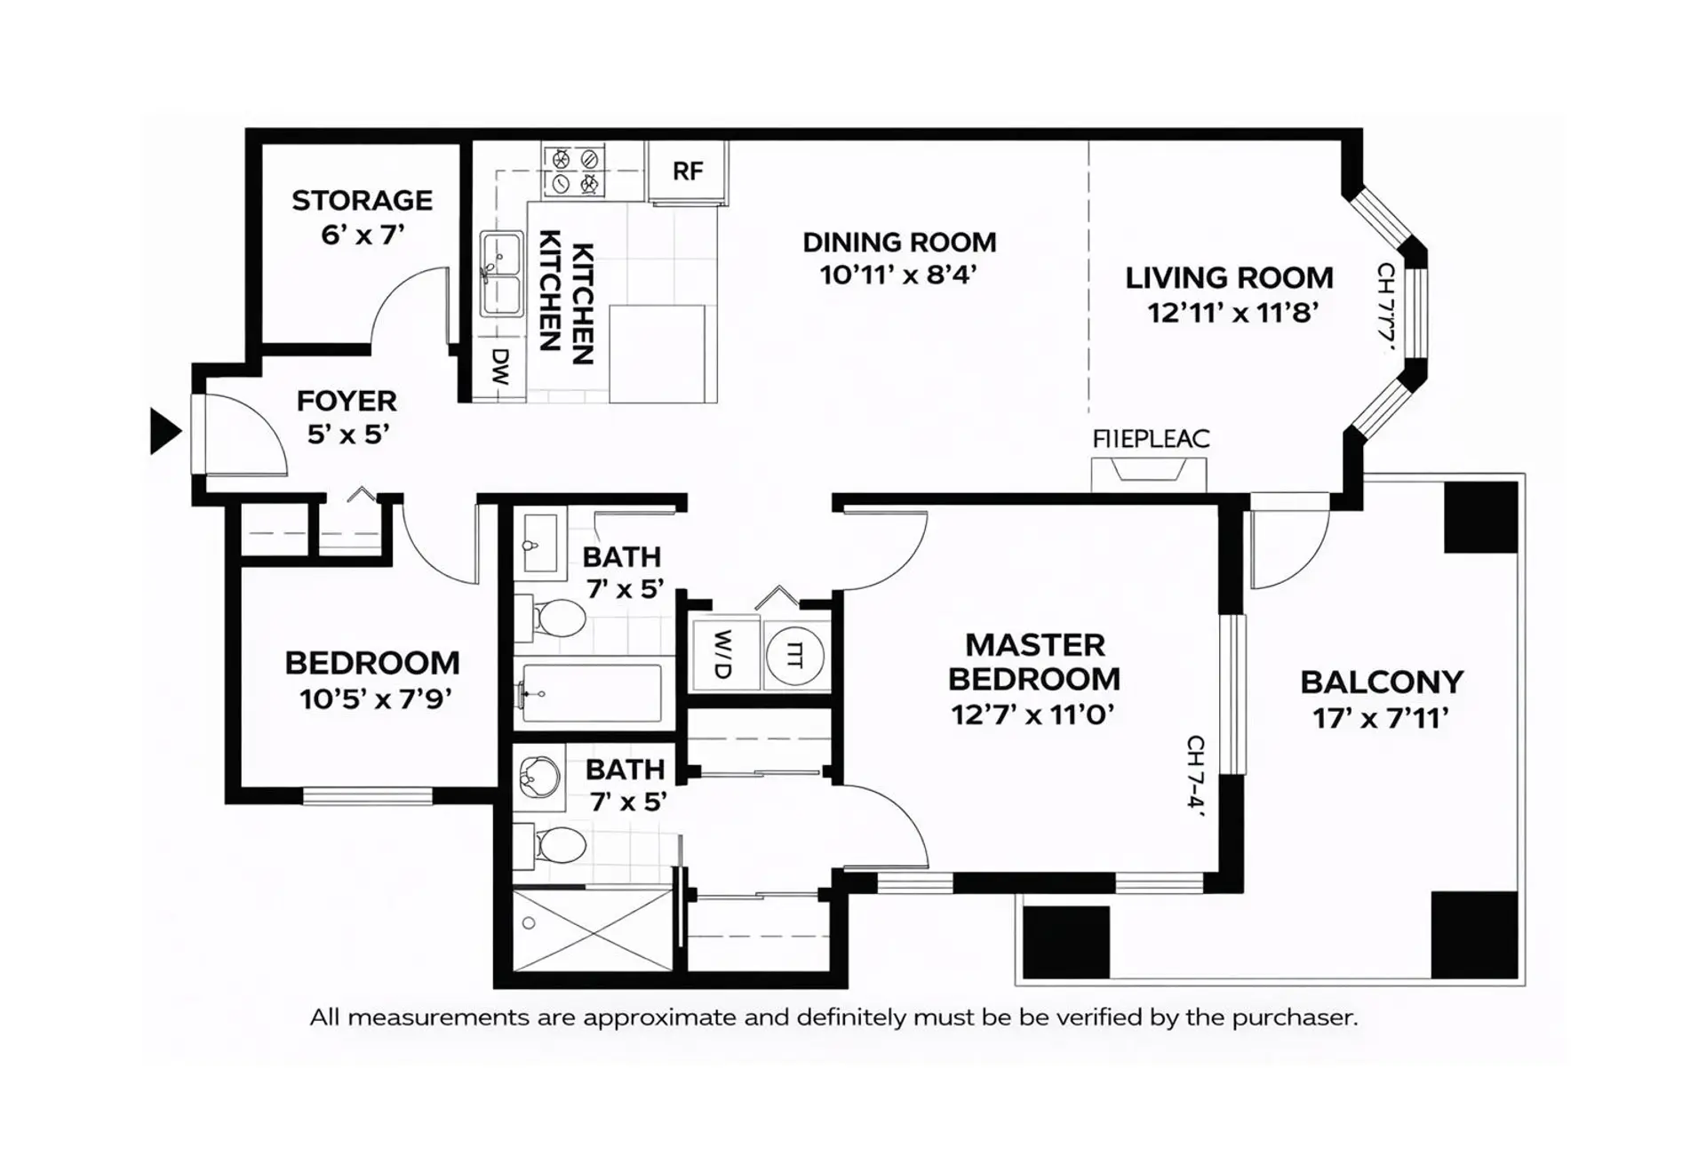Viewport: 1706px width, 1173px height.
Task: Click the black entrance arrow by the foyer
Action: click(163, 432)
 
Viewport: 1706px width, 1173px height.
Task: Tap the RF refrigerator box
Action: click(688, 172)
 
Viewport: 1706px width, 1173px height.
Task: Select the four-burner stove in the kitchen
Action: click(574, 172)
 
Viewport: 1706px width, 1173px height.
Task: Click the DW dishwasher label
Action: click(501, 367)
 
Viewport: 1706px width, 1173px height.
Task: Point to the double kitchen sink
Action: click(501, 274)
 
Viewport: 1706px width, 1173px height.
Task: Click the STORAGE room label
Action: click(362, 200)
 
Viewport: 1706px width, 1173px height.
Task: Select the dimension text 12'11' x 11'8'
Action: click(1232, 313)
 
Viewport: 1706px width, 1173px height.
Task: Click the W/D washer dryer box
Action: click(724, 655)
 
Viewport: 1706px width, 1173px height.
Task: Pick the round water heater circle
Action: click(794, 656)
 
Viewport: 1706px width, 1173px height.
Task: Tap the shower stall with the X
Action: click(593, 930)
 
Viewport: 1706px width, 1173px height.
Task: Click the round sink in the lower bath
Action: click(540, 778)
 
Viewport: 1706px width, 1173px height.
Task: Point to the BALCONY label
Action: click(1382, 682)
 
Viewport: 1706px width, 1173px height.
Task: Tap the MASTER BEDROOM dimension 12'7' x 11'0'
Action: click(1032, 714)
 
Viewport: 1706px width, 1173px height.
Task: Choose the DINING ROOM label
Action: click(899, 243)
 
